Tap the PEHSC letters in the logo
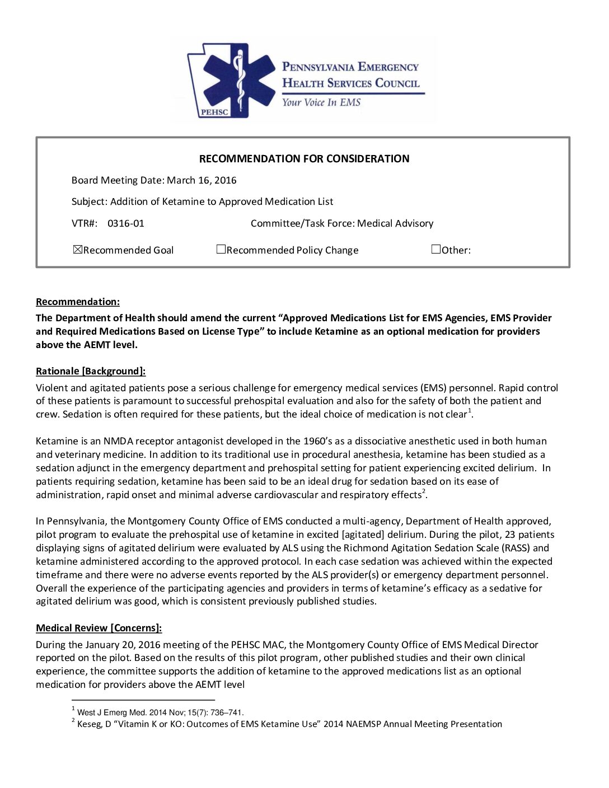tap(214, 112)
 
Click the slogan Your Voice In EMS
tap(321, 102)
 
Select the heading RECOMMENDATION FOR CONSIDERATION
tap(304, 159)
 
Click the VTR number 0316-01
tap(125, 223)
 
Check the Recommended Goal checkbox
tap(78, 250)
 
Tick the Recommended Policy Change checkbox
tap(221, 250)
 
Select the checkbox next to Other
tap(436, 250)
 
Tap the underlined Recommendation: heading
tap(78, 302)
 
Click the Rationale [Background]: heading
tap(91, 371)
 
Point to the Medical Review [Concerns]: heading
tap(99, 628)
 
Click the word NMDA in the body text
tap(116, 441)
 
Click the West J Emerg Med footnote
tap(160, 712)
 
